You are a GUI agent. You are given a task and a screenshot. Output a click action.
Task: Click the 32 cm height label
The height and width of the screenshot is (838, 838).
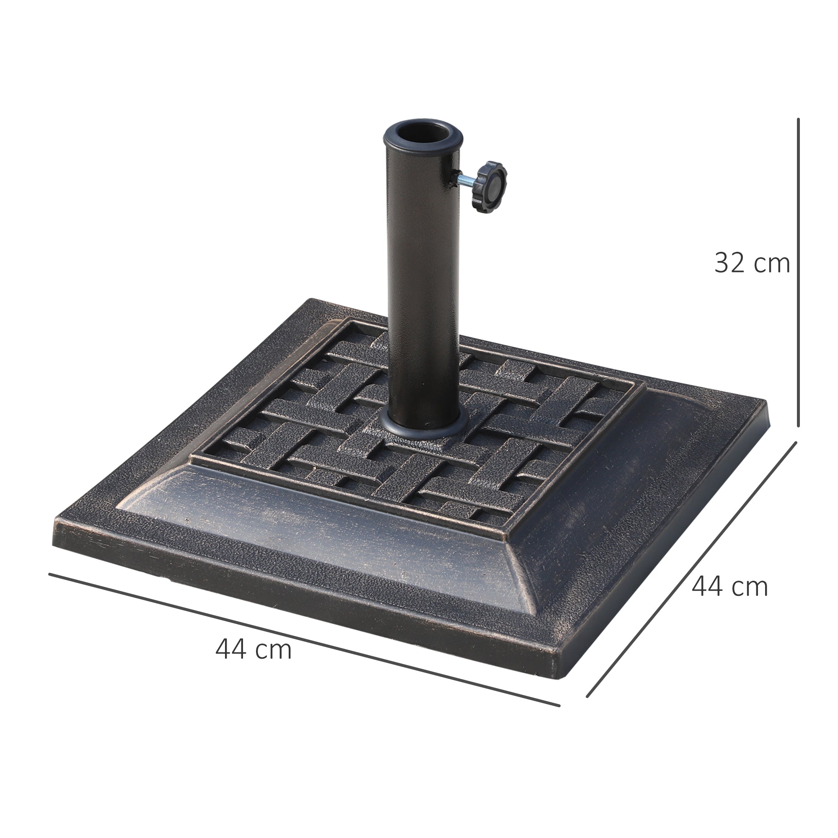pos(752,263)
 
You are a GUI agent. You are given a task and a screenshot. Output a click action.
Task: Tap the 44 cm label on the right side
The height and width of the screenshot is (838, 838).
pos(729,587)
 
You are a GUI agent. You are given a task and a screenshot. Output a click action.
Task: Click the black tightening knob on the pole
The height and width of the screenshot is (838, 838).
pos(491,187)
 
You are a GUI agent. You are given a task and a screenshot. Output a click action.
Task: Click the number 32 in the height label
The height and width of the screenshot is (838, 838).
pos(730,263)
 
